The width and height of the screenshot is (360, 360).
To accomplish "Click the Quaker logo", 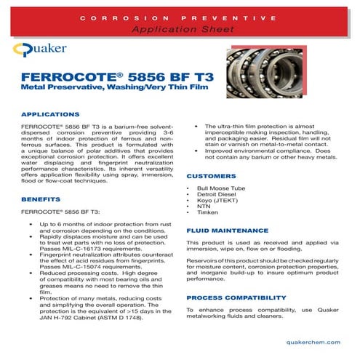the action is click(45, 51).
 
